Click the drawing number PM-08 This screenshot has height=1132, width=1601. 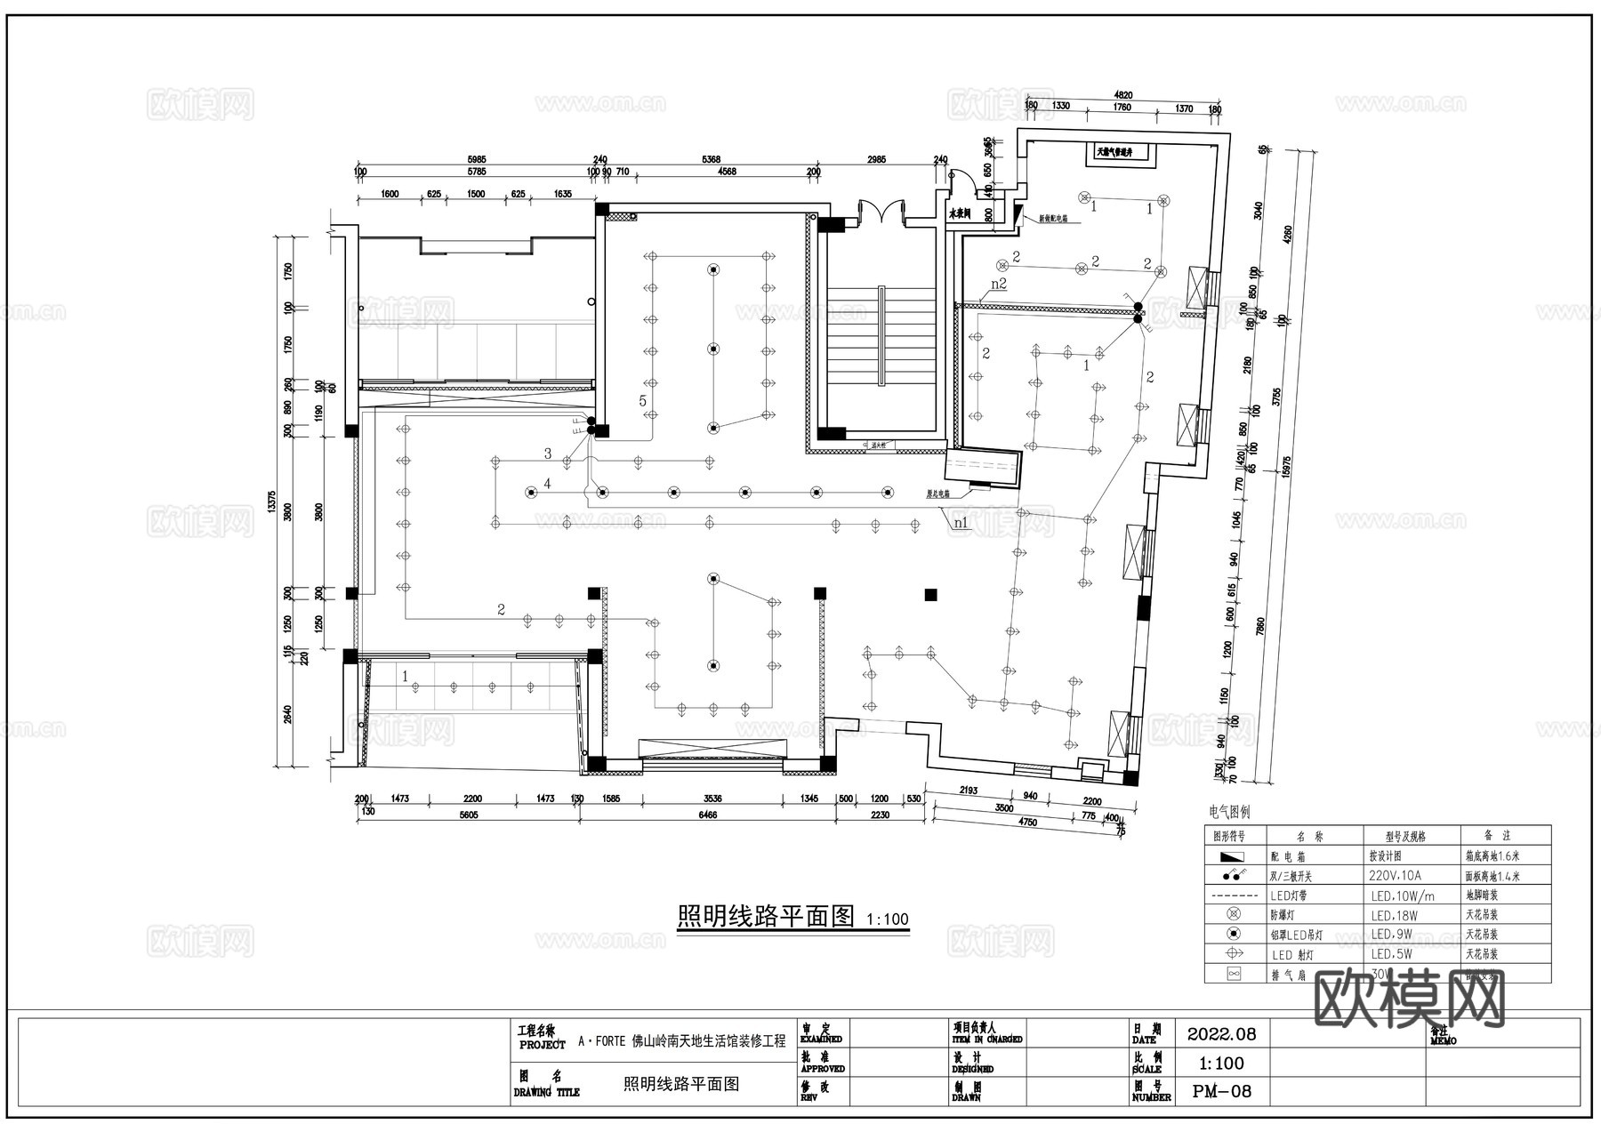(x=1221, y=1091)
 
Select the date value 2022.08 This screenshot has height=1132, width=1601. (x=1221, y=1034)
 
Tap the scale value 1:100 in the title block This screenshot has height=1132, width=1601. (x=1221, y=1063)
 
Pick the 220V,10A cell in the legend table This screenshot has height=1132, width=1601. (x=1395, y=876)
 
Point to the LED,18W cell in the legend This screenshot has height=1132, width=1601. (x=1394, y=915)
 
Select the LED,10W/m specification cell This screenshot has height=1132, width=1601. (x=1402, y=895)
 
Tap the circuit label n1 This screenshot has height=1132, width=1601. (x=961, y=524)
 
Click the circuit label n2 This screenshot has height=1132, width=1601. (x=998, y=284)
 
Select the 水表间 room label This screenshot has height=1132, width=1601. (x=958, y=214)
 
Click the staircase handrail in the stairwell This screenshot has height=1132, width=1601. (x=881, y=335)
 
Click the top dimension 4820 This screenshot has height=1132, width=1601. (x=1123, y=95)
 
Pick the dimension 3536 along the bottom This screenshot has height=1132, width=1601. (x=712, y=799)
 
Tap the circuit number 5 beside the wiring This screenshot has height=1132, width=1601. (x=642, y=401)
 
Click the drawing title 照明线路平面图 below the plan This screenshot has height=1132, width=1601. (x=765, y=916)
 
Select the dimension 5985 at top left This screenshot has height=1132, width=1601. (x=476, y=160)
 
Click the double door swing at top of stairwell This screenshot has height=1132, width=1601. (x=881, y=212)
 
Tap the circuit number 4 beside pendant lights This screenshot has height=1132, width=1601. (x=548, y=484)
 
